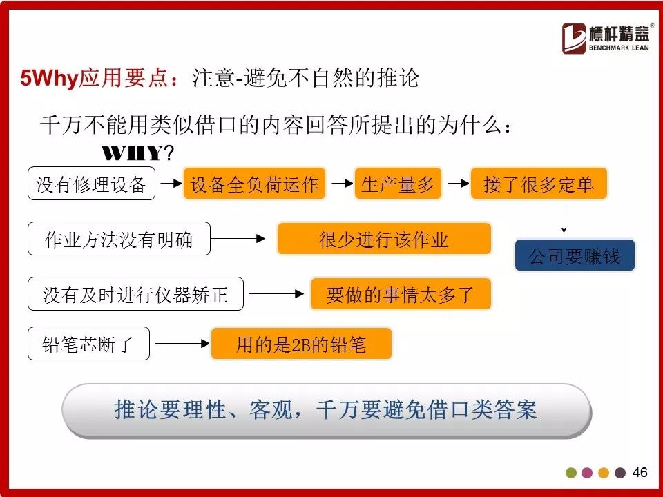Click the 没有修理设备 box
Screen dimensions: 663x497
[x=91, y=184]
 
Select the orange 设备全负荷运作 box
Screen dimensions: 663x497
[x=254, y=184]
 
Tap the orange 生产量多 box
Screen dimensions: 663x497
[x=398, y=184]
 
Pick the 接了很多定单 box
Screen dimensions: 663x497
[x=539, y=184]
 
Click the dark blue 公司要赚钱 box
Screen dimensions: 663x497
[x=575, y=255]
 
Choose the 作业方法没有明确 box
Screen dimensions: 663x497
[x=119, y=239]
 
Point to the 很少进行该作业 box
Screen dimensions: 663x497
[x=384, y=239]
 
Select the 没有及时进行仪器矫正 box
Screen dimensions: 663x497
[x=135, y=294]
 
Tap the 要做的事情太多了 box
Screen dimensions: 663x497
[x=401, y=294]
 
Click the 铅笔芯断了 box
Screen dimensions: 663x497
[x=88, y=344]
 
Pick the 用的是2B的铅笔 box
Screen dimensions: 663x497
[x=301, y=344]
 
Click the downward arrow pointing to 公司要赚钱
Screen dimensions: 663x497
[x=564, y=220]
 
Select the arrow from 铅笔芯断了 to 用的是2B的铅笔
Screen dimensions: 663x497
[x=182, y=343]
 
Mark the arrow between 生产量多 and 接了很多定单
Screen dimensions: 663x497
[x=458, y=184]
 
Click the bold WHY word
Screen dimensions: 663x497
[x=132, y=153]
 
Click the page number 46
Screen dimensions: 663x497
[x=640, y=472]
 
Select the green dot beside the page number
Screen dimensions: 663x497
[x=571, y=472]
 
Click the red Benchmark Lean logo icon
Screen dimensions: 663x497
[x=574, y=39]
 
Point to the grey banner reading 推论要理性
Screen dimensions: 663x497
[x=327, y=411]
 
